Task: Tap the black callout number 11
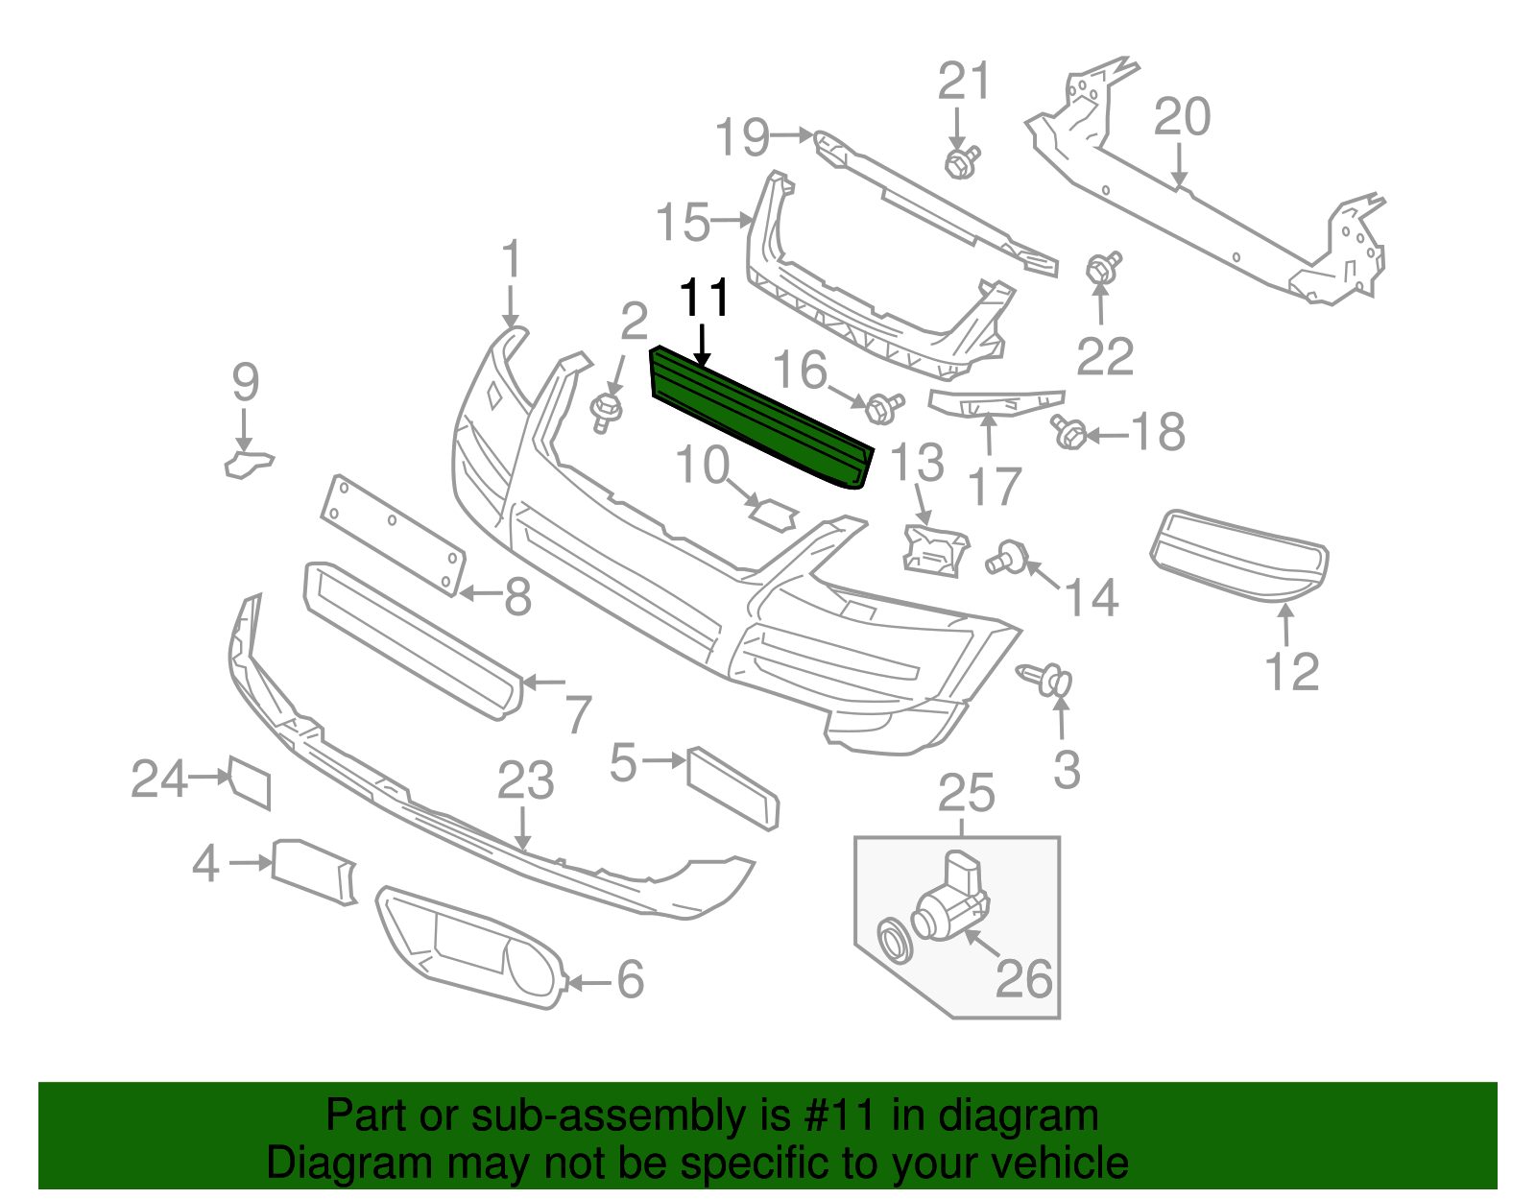[705, 299]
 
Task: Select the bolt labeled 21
[961, 161]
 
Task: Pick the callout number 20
[1182, 118]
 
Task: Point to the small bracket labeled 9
[248, 464]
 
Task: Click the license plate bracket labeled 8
[393, 534]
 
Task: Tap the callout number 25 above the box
[966, 794]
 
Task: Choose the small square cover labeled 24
[250, 781]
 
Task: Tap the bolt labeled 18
[1068, 433]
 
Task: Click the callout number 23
[525, 781]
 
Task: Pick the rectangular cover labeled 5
[732, 787]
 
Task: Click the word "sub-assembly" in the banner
[584, 1116]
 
